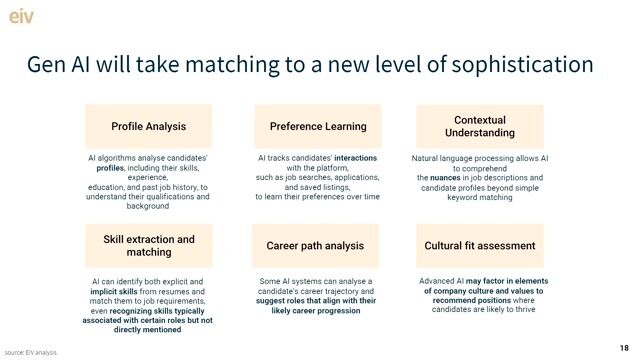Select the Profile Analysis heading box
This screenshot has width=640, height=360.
pyautogui.click(x=148, y=127)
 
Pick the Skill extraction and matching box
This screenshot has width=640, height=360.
pyautogui.click(x=149, y=246)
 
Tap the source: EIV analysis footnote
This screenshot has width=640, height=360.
pyautogui.click(x=30, y=352)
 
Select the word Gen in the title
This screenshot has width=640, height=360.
pyautogui.click(x=46, y=66)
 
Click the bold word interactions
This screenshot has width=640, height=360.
pyautogui.click(x=355, y=158)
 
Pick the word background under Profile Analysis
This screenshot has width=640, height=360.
pyautogui.click(x=148, y=206)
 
